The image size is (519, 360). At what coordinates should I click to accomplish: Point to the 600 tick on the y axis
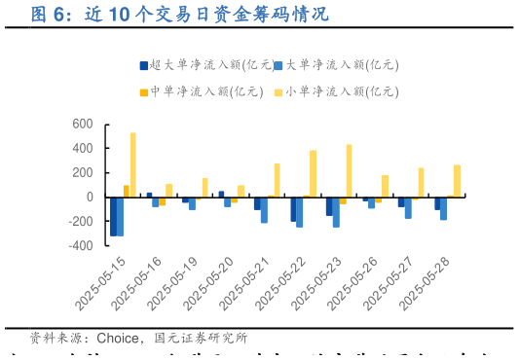tap(83, 125)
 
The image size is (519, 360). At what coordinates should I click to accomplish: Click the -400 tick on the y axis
tap(80, 245)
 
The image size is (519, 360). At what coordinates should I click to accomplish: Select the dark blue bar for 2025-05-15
tap(113, 216)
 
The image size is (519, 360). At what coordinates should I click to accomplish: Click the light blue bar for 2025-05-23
tap(336, 212)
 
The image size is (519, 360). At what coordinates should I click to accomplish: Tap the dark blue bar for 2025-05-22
tap(293, 209)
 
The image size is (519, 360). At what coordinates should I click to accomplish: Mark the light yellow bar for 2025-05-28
tap(457, 181)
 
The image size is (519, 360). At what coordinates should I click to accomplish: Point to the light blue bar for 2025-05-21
tap(264, 210)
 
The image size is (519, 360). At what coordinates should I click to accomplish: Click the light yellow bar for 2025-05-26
tap(385, 186)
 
